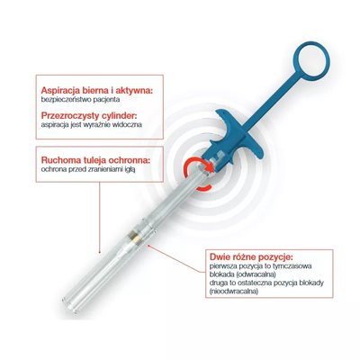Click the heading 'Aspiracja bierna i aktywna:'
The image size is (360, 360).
[97, 90]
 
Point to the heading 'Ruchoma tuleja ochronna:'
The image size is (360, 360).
[95, 160]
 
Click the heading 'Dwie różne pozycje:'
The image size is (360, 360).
[251, 257]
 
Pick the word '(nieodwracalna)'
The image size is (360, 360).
[234, 292]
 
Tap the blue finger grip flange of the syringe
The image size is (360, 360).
[237, 135]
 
